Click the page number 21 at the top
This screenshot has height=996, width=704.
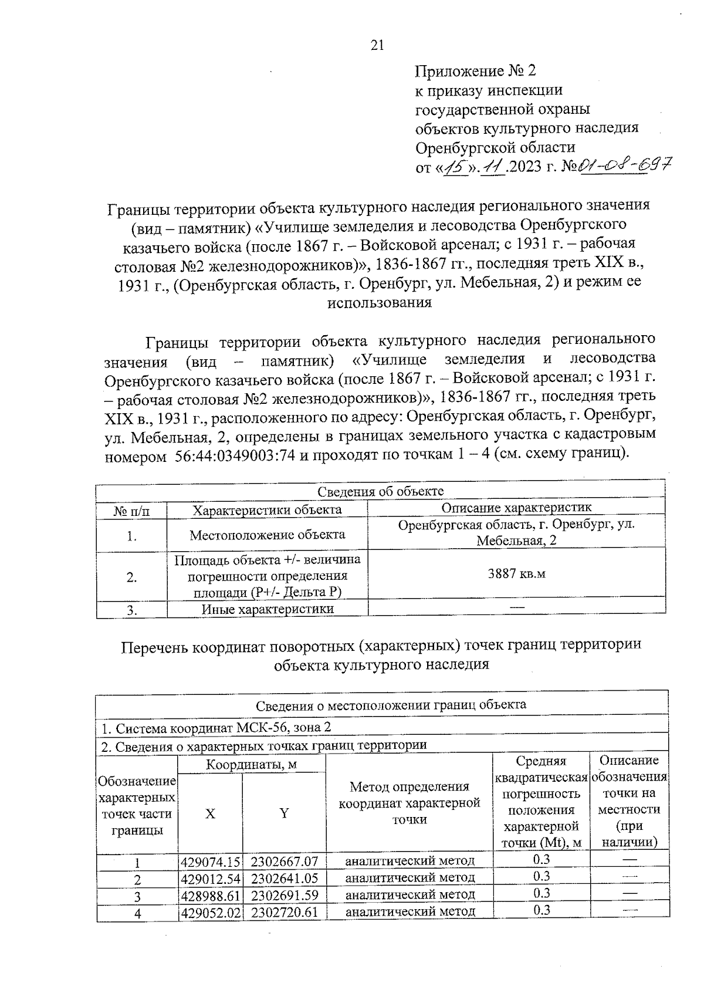pos(377,45)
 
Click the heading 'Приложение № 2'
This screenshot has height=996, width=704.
pos(475,72)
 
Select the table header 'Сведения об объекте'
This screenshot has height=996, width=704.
pos(380,491)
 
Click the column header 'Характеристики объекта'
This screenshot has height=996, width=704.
pos(268,509)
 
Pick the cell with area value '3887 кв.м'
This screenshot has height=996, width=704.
pos(516,573)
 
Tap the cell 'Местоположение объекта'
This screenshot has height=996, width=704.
pos(268,535)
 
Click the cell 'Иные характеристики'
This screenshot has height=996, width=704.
pos(268,609)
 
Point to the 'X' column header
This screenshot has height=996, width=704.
pos(210,813)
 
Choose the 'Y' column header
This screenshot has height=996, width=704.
pos(284,813)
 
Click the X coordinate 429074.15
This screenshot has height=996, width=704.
pos(211,862)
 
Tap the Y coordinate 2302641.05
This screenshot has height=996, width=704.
pos(284,878)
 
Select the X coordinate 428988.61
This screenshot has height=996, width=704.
pos(211,895)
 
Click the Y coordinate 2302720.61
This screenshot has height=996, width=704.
pos(284,911)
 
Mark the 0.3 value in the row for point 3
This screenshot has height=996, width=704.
pos(541,893)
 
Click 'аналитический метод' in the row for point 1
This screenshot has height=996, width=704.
pos(409,861)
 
